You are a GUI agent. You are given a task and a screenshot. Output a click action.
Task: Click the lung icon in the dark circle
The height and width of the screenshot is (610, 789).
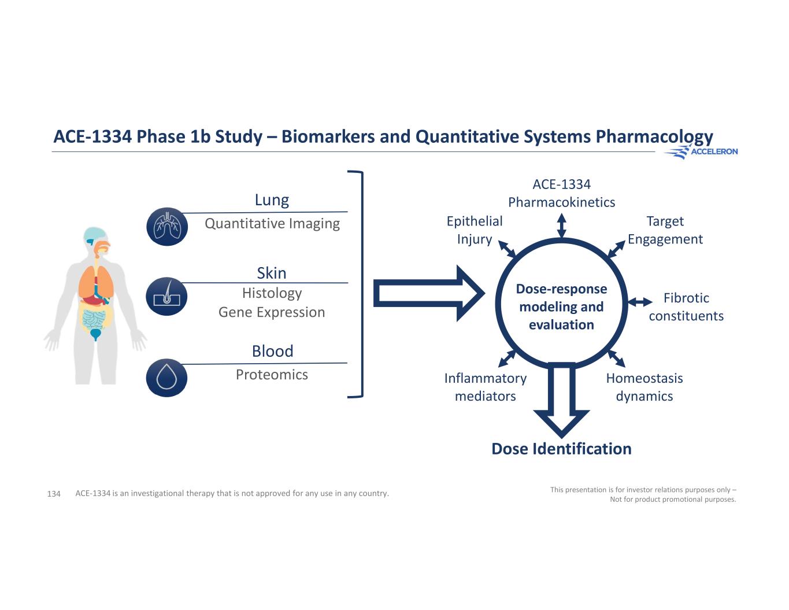167,227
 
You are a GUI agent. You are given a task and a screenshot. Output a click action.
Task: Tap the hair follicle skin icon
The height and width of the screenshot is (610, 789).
167,296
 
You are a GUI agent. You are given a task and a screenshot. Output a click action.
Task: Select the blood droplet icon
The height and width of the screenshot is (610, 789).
167,378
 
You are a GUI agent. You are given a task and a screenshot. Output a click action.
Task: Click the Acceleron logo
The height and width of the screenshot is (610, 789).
701,151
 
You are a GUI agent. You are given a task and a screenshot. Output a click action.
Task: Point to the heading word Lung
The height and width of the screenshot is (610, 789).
272,200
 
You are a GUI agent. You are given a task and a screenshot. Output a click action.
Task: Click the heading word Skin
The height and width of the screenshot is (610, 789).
272,273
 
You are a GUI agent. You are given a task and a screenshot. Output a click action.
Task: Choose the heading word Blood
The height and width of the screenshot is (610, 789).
272,351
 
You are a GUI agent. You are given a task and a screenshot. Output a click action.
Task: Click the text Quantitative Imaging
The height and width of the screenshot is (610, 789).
272,223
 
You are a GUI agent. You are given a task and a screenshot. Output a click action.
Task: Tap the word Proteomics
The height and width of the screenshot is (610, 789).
272,375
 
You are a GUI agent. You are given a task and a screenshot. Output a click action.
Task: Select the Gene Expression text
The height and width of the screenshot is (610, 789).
272,312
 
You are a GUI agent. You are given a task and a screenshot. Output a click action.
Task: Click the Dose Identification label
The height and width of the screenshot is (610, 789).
561,449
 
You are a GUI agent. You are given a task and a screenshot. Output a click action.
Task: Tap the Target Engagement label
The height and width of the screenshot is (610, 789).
665,230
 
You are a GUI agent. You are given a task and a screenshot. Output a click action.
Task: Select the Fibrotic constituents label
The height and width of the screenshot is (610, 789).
686,307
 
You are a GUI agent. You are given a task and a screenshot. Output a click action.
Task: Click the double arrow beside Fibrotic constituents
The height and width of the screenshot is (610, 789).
640,302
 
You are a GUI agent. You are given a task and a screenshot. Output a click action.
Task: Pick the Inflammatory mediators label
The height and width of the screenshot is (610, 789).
486,387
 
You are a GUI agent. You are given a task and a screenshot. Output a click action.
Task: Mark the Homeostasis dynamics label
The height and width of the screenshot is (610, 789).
644,387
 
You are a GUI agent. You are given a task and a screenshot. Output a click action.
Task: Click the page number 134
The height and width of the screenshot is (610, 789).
54,494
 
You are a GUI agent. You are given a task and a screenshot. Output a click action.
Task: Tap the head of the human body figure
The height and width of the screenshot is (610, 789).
95,239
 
